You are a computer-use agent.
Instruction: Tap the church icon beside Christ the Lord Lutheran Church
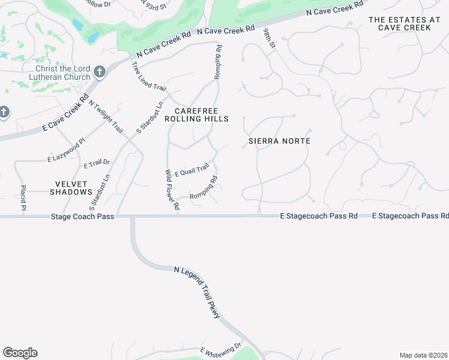click(x=100, y=73)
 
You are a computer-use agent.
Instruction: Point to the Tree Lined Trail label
click(x=149, y=77)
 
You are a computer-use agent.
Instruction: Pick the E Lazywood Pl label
click(x=67, y=150)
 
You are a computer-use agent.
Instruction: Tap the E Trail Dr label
click(x=97, y=163)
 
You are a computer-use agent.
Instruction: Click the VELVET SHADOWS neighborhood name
click(x=75, y=188)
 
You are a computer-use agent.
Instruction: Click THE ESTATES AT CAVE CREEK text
click(x=400, y=24)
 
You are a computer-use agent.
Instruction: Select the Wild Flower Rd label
click(x=172, y=190)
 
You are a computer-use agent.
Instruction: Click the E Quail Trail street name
click(x=191, y=169)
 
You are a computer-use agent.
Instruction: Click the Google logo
click(x=20, y=353)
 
